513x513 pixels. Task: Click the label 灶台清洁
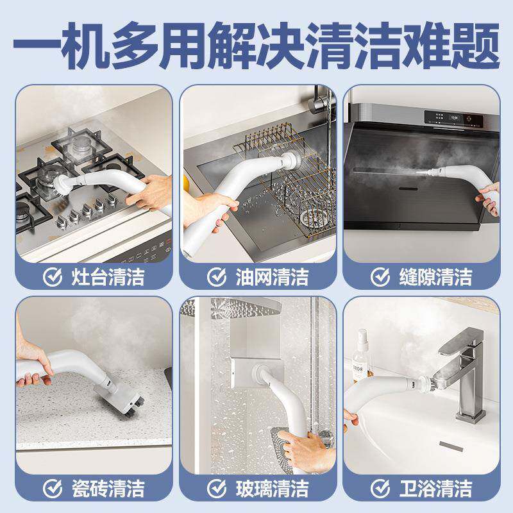pos(107,278)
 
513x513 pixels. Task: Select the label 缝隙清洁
pos(435,278)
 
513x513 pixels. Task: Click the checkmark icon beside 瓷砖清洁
pos(53,489)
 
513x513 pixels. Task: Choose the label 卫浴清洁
pos(435,489)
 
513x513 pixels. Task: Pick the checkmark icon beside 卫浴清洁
pos(380,489)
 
